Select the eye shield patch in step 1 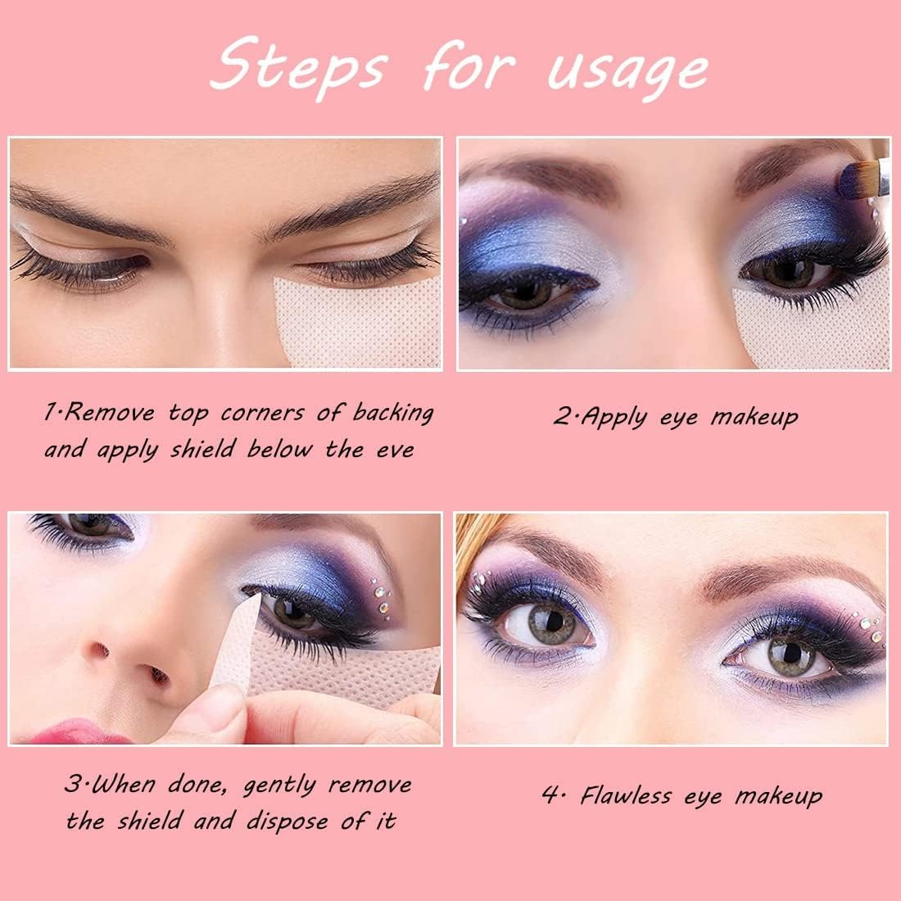click(x=357, y=322)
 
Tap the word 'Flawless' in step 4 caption click(x=626, y=795)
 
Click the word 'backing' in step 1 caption click(x=393, y=413)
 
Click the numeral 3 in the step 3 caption click(x=74, y=784)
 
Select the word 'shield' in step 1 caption click(x=203, y=448)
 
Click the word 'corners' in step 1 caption click(x=263, y=413)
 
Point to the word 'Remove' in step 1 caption click(x=109, y=413)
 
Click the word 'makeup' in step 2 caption click(x=754, y=418)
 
